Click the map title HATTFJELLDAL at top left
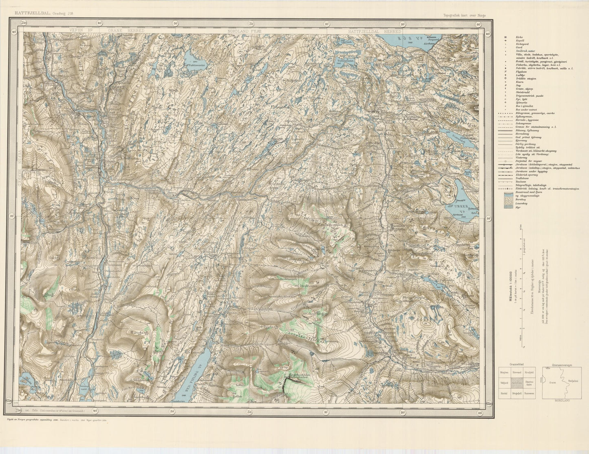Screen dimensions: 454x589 (33, 13)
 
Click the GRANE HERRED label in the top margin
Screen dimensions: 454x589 (126, 31)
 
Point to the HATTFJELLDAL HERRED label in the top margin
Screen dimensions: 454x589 (375, 31)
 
